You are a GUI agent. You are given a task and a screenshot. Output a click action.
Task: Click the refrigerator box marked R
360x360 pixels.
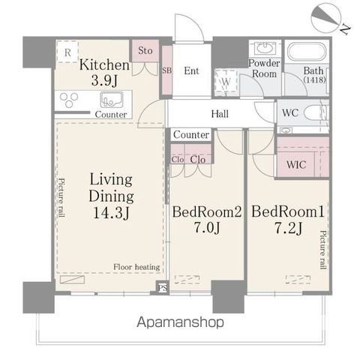[x=67, y=52]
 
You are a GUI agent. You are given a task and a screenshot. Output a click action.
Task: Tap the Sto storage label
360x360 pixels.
[x=145, y=50]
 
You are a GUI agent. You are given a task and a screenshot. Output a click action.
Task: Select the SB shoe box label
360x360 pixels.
[x=167, y=70]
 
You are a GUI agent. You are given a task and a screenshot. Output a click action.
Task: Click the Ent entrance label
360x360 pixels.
[x=191, y=70]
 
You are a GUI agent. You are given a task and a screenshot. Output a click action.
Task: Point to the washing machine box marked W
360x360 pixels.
[x=226, y=82]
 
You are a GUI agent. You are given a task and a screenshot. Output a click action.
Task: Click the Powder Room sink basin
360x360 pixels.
[x=265, y=47]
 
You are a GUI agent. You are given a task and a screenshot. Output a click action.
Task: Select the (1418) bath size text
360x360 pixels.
[x=314, y=80]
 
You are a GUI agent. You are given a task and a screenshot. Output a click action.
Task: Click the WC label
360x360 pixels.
[x=290, y=112]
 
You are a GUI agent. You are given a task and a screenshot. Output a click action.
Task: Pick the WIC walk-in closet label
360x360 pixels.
[x=296, y=165]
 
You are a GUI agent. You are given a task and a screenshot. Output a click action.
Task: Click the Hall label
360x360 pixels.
[x=220, y=114]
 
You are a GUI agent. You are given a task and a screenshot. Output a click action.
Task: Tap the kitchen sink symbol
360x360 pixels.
[x=112, y=100]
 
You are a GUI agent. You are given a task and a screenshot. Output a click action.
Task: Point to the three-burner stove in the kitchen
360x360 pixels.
[x=69, y=100]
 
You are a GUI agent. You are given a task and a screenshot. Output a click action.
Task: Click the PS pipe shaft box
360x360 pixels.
[x=162, y=287]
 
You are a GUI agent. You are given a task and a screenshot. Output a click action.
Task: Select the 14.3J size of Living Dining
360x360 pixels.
[x=111, y=213]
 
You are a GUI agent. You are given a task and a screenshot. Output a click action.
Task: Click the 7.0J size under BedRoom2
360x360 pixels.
[x=207, y=227]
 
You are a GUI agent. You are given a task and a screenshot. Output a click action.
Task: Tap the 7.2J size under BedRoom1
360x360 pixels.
[x=288, y=227]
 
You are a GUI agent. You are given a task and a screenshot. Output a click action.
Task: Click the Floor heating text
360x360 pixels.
[x=136, y=267]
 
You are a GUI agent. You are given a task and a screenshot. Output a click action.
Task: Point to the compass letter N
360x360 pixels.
[x=345, y=29]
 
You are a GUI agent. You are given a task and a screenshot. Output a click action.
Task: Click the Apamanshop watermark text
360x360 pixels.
[x=180, y=322]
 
